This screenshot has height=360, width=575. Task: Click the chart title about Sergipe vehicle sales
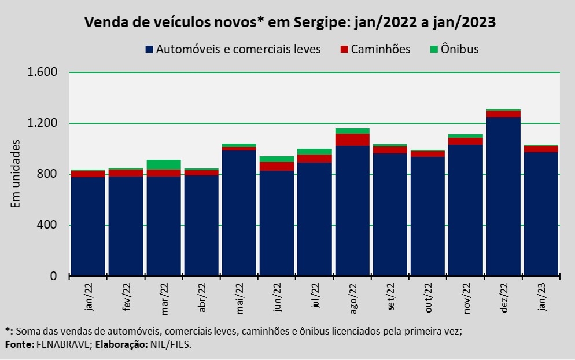pyautogui.click(x=290, y=22)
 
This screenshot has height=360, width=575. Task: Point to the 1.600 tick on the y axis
pyautogui.click(x=43, y=72)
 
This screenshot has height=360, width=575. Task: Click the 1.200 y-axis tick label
pyautogui.click(x=43, y=123)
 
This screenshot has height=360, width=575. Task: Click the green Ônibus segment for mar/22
pyautogui.click(x=164, y=164)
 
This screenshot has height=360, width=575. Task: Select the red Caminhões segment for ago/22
pyautogui.click(x=352, y=139)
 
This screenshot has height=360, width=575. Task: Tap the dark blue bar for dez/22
pyautogui.click(x=504, y=197)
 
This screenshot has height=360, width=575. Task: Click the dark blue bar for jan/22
pyautogui.click(x=88, y=226)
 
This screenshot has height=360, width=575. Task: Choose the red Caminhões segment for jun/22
pyautogui.click(x=277, y=166)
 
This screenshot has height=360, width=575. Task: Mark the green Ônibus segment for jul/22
pyautogui.click(x=315, y=152)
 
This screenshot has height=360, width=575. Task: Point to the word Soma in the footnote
pyautogui.click(x=28, y=331)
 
